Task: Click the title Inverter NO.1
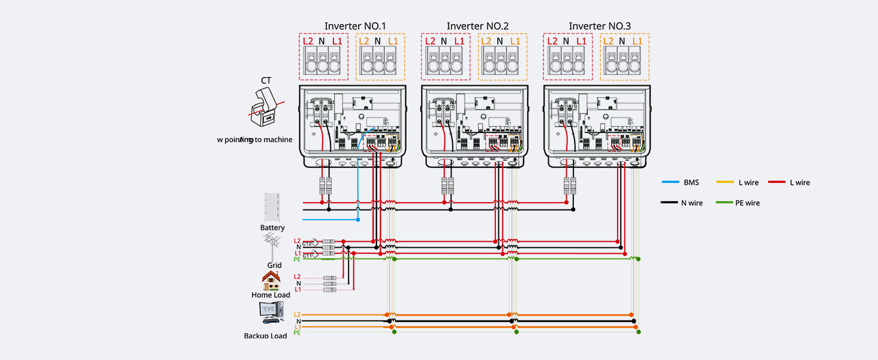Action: [x=354, y=26]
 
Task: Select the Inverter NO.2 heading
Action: [x=477, y=26]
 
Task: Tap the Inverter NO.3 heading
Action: [x=599, y=26]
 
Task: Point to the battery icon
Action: [x=272, y=208]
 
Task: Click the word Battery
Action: [x=272, y=228]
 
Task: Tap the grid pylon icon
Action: [x=273, y=246]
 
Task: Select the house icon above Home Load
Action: [x=271, y=281]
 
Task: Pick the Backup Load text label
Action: [x=266, y=336]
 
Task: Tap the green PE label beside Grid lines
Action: [x=297, y=259]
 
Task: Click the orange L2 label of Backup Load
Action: [x=297, y=314]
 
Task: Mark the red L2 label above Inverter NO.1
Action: [x=308, y=41]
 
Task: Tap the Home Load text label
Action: [x=270, y=295]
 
